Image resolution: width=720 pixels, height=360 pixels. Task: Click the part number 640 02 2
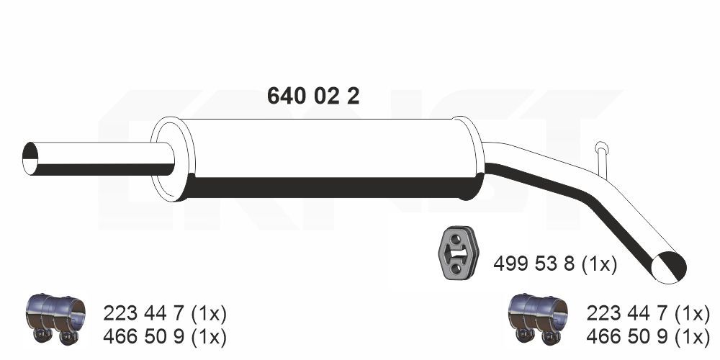click(312, 96)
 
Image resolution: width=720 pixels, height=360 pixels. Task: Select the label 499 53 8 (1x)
click(554, 264)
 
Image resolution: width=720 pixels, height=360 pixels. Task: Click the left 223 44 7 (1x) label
click(165, 313)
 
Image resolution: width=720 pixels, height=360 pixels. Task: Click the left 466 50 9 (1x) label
click(165, 336)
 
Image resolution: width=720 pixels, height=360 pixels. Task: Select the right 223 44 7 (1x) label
click(648, 313)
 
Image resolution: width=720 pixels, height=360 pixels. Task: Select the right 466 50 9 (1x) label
click(648, 336)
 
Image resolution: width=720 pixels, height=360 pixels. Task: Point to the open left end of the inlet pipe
click(30, 158)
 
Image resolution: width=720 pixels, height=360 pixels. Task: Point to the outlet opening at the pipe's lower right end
click(668, 267)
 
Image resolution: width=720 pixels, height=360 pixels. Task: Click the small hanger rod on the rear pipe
click(602, 156)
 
